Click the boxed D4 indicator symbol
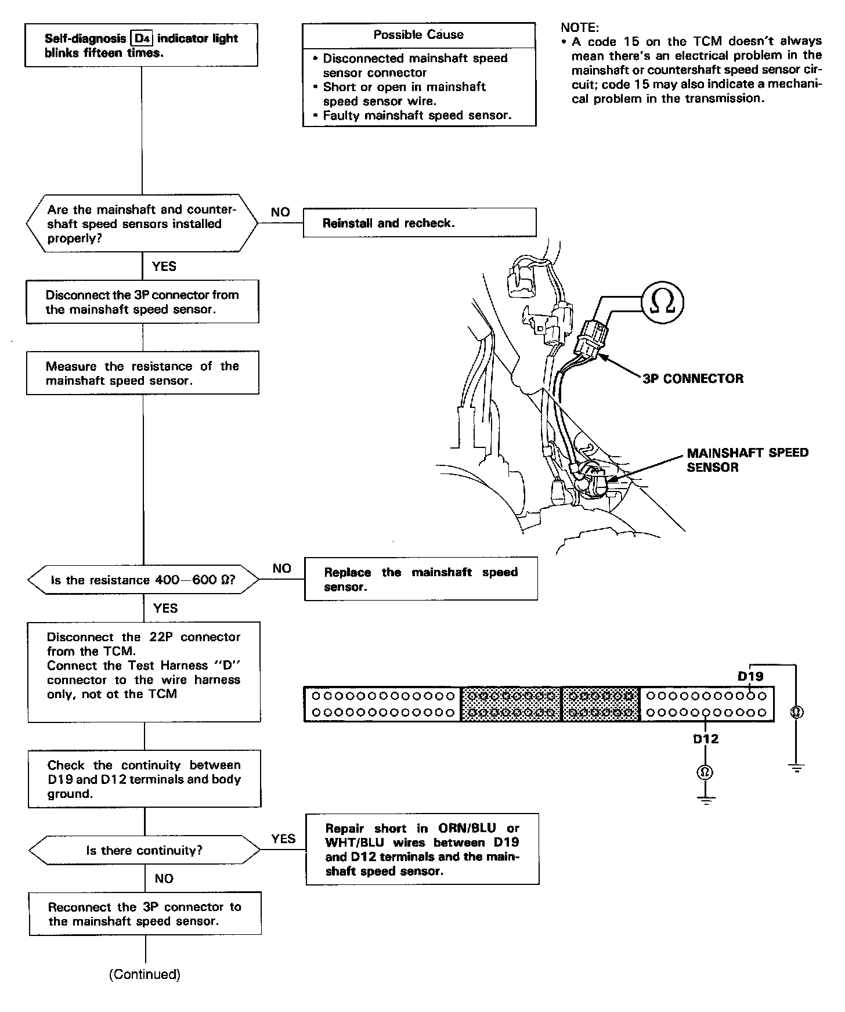(142, 39)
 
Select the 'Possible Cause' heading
(418, 35)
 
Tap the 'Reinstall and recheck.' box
(419, 223)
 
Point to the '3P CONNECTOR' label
(693, 379)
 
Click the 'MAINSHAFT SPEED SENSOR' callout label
(747, 460)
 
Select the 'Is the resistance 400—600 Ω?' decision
(143, 580)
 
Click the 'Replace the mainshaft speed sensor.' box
(421, 579)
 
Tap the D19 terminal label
(750, 676)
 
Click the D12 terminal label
(706, 739)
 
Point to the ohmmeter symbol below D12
(706, 772)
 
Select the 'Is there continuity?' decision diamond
(145, 851)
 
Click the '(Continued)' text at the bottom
(145, 974)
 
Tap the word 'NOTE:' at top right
(580, 27)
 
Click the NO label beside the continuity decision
(164, 879)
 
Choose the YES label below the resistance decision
(165, 608)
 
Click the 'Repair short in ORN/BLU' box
(422, 849)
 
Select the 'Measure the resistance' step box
(143, 373)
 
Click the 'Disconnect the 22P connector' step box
(144, 672)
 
